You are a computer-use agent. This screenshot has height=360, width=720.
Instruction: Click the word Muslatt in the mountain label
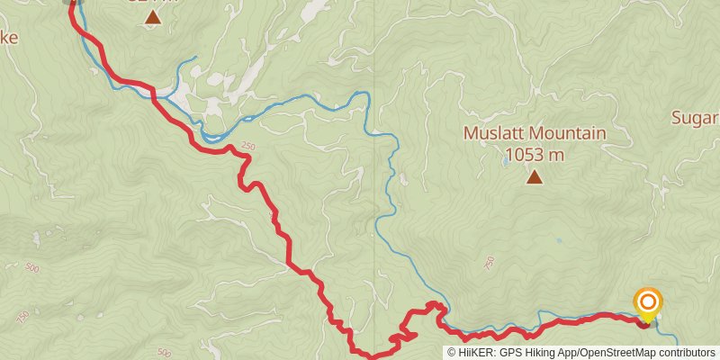tap(493, 133)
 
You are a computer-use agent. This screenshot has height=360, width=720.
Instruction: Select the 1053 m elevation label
tap(535, 155)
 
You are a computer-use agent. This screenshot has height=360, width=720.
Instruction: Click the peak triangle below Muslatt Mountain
tap(535, 176)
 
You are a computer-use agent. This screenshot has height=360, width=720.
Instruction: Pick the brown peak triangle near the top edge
tap(152, 16)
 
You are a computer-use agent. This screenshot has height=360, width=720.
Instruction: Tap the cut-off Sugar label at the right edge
tap(696, 118)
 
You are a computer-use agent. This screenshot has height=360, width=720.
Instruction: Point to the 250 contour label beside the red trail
tap(248, 147)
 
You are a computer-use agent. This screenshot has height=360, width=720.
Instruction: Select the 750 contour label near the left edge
tap(22, 318)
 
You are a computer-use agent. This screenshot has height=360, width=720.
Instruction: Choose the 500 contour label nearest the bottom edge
tap(164, 353)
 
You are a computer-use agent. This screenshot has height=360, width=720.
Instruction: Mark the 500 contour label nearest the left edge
tap(32, 268)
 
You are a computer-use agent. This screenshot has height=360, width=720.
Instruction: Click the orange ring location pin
tap(647, 302)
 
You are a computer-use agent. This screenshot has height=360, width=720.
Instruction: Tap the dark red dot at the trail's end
tap(643, 321)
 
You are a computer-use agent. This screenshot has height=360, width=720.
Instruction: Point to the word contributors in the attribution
tap(686, 353)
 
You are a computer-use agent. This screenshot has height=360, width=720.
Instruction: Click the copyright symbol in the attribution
tap(452, 353)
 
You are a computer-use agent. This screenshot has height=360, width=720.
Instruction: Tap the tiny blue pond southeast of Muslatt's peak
tap(560, 241)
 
